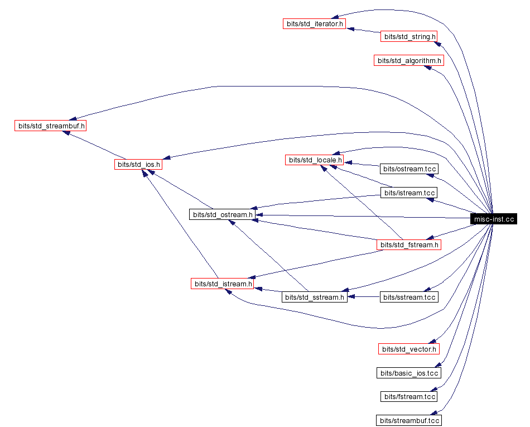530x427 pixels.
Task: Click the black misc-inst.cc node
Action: pos(494,219)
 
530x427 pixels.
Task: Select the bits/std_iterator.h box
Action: pos(314,25)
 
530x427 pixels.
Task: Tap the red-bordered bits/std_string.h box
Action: pos(408,37)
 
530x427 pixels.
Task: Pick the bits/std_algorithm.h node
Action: pos(408,60)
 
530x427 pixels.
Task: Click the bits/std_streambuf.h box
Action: pos(51,126)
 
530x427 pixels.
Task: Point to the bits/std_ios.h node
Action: pos(138,164)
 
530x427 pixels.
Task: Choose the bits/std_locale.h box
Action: pos(314,160)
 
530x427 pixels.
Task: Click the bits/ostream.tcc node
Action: pos(408,169)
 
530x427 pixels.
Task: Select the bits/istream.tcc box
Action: pos(408,193)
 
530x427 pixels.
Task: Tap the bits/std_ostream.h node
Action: pos(223,214)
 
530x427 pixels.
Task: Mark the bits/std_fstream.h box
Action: pos(409,244)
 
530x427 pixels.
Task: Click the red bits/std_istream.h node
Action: pos(223,284)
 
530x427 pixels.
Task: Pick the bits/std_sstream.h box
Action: pos(314,297)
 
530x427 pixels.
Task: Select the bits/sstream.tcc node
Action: pos(408,297)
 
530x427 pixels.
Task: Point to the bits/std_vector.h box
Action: pos(409,349)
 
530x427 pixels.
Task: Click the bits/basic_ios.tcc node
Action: pos(409,373)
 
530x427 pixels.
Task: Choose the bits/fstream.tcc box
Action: pos(409,396)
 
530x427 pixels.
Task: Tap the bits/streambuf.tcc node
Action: pos(409,420)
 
